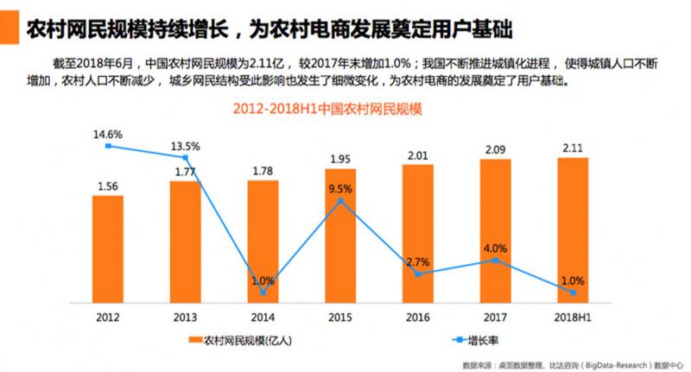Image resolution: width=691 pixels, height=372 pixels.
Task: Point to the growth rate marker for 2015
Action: coord(340,201)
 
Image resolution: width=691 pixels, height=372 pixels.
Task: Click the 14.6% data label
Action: coord(109,134)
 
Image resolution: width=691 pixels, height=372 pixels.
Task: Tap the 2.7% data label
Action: coord(417,261)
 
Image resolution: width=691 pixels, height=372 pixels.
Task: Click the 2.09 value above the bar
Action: coord(495,149)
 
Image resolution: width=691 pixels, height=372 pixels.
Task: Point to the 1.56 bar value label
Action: coord(108,186)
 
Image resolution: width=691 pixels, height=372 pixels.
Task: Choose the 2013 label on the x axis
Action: coord(185,316)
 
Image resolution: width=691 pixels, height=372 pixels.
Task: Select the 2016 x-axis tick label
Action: coord(417,316)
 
